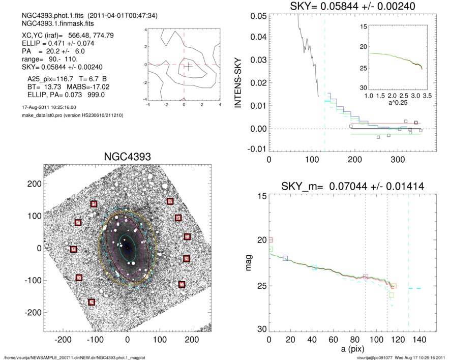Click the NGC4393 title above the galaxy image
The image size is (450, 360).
[127, 156]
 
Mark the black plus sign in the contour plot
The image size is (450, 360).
[188, 66]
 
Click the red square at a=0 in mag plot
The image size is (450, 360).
[271, 239]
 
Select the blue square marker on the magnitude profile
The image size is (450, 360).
[285, 259]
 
